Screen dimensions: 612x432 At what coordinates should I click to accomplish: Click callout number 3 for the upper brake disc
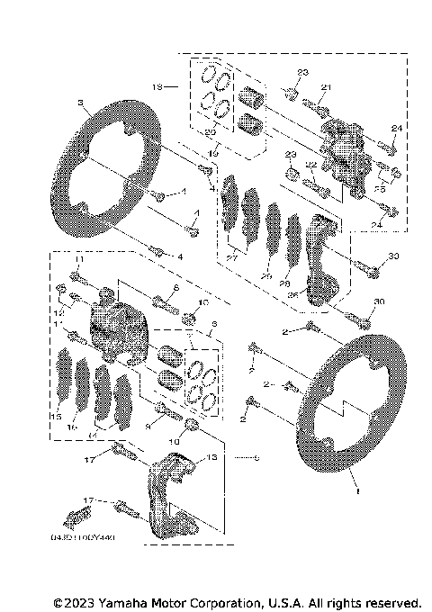tap(81, 102)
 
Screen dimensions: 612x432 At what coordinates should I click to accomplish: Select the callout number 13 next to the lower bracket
tap(212, 457)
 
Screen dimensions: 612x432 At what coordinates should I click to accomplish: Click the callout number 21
tap(327, 86)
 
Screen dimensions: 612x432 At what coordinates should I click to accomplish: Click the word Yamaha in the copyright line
tap(127, 601)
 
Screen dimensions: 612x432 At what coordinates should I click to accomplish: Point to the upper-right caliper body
tap(344, 153)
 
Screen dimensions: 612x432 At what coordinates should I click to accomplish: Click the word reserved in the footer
tap(390, 601)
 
